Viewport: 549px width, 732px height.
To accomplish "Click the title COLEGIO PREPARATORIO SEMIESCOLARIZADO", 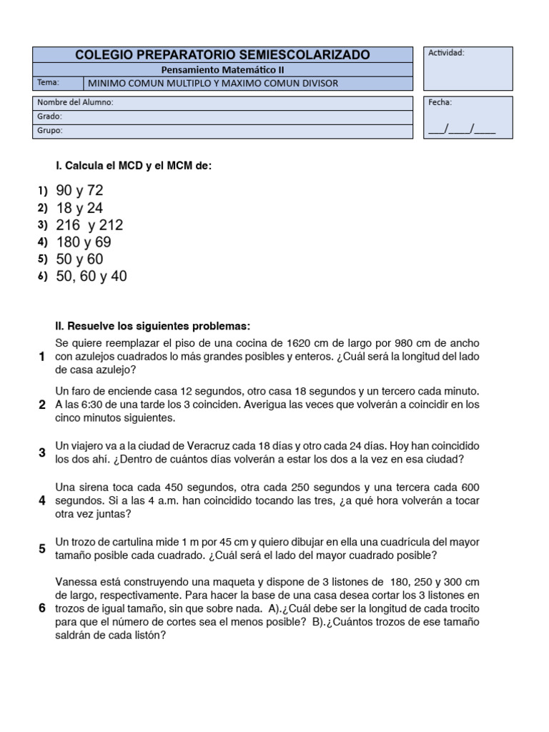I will (x=223, y=55).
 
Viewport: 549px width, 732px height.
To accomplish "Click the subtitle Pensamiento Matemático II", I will (x=223, y=70).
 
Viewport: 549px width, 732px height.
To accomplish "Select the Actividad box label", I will (x=446, y=53).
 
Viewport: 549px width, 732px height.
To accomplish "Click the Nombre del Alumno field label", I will (x=75, y=102).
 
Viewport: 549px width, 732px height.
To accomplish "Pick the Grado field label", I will (x=49, y=117).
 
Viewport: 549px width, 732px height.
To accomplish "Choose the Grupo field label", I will (x=49, y=131).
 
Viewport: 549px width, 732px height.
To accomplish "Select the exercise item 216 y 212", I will (x=89, y=225).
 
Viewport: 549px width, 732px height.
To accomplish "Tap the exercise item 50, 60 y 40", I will (x=91, y=277).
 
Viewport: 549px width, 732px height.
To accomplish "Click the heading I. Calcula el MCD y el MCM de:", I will (x=134, y=166).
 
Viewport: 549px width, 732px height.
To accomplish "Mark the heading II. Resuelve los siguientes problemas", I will (x=153, y=326).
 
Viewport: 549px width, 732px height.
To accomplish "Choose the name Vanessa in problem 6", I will (x=76, y=583).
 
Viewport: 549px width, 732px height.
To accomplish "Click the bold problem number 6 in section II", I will (x=42, y=608).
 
